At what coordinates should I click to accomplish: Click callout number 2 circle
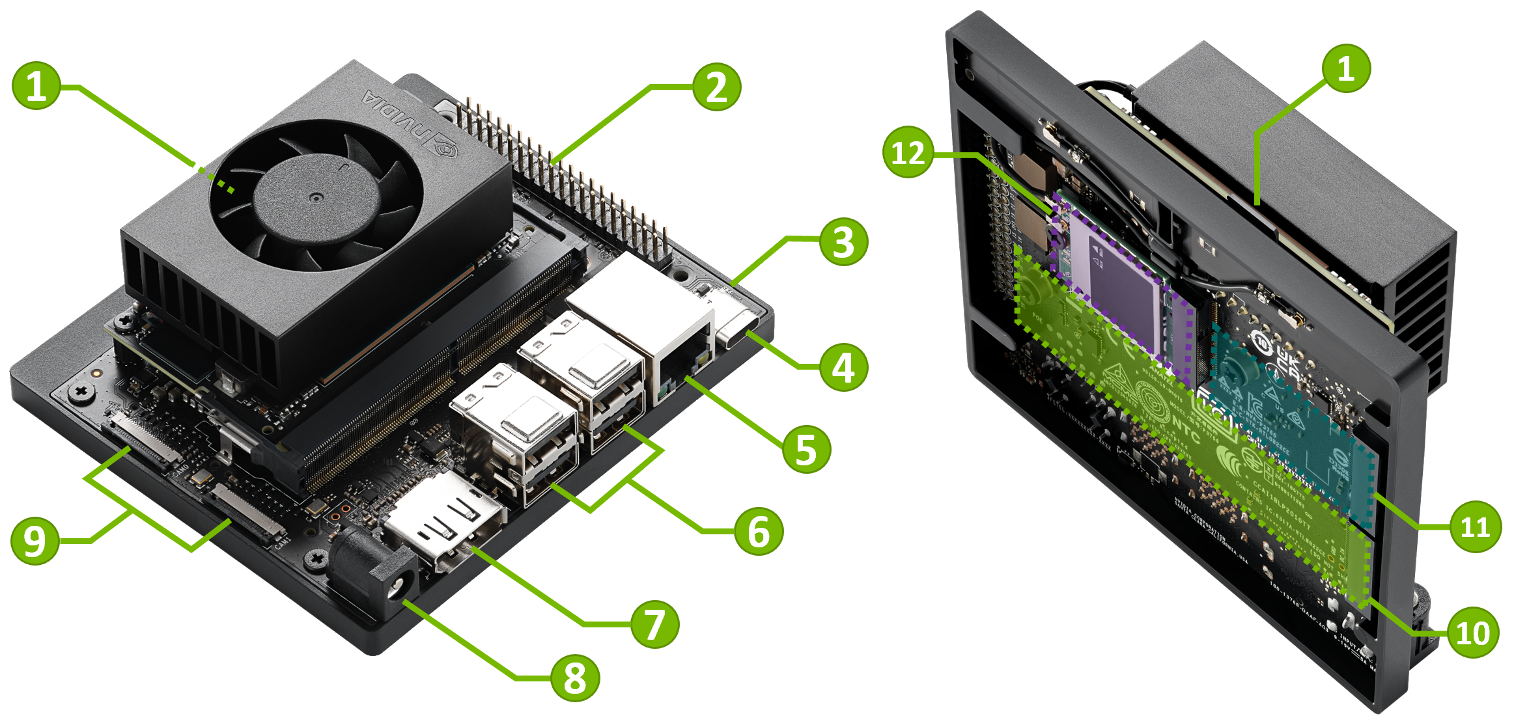point(716,87)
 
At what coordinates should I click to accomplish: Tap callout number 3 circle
point(843,241)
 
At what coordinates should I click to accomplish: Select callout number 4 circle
point(843,367)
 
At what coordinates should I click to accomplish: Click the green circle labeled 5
point(806,449)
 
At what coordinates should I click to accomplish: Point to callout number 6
point(759,531)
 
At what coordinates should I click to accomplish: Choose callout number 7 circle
point(654,623)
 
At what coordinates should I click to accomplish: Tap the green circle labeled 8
point(574,677)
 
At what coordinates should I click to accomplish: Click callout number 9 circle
point(35,540)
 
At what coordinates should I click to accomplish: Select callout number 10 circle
point(1472,633)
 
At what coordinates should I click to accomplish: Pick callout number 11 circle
point(1475,527)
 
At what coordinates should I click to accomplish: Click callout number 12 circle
point(908,153)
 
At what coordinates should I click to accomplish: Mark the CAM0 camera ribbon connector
point(140,439)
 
